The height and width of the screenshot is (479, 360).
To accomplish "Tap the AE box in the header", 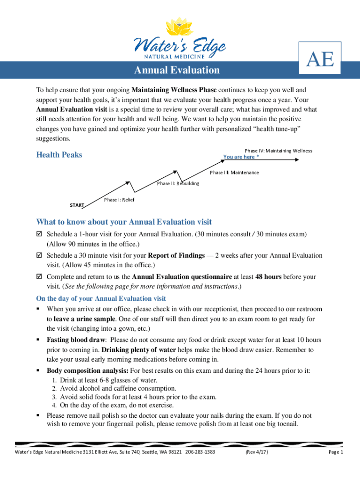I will tap(320, 59).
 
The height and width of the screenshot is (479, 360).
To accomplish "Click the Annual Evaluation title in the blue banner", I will tap(177, 70).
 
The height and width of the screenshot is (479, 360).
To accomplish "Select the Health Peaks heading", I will tap(59, 155).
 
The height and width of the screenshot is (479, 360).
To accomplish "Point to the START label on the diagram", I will tap(77, 205).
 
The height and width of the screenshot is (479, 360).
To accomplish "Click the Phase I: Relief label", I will tap(119, 200).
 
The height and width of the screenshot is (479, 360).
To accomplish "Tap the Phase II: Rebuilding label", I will tap(178, 183).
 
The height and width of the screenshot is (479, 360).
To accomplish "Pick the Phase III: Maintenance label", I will tap(234, 173).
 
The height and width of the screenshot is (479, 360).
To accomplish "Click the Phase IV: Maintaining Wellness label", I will tap(279, 151).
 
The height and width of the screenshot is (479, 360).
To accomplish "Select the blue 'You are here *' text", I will tap(241, 157).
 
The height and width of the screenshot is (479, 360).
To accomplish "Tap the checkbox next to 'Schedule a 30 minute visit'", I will tap(39, 255).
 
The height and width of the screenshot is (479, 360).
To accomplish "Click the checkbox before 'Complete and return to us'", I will tap(39, 277).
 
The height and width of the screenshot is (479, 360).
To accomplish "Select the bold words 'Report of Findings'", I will tap(176, 255).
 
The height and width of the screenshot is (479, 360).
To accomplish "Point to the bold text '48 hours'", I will tap(269, 277).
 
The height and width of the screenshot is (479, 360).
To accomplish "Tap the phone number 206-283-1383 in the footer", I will tap(200, 452).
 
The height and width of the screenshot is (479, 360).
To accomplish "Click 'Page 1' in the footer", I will tap(336, 452).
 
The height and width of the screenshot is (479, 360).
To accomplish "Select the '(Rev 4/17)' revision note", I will tap(257, 452).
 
